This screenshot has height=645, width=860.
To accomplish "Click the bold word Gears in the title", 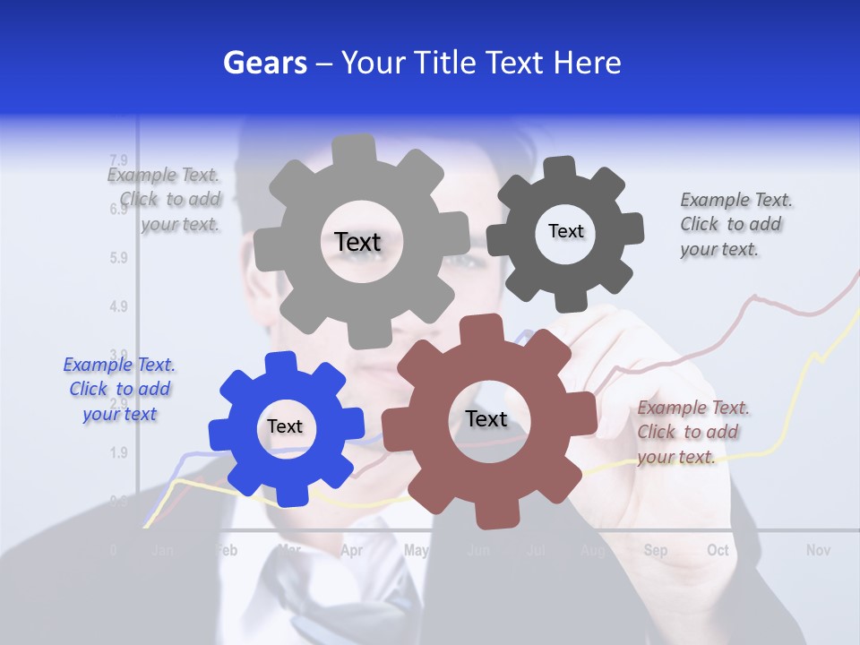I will tap(264, 63).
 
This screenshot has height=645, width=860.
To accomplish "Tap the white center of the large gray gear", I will tap(357, 242).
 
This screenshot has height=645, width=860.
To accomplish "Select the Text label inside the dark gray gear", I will tap(565, 231).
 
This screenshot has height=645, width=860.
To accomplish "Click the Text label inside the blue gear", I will tap(285, 426).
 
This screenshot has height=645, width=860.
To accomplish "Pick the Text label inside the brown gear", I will tap(486, 418).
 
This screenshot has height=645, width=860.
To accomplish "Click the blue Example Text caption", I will tap(119, 389).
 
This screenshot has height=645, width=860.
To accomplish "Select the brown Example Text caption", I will tap(692, 432).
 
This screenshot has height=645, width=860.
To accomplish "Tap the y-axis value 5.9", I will tap(117, 258).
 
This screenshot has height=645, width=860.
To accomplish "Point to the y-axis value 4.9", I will tap(117, 306).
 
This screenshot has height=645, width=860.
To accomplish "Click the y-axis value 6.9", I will tap(117, 210).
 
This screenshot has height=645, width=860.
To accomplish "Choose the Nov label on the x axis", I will tap(818, 550).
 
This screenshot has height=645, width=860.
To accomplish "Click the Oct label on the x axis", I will tap(718, 550).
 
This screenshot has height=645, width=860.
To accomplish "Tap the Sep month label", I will tap(655, 550).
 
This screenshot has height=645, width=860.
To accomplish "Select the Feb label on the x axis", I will tap(228, 550).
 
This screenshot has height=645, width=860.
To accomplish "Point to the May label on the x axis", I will tap(416, 550).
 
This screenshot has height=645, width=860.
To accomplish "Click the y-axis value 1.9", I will tap(117, 452).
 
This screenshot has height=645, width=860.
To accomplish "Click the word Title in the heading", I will tap(446, 63).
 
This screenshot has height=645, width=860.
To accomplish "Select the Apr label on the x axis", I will tap(351, 550).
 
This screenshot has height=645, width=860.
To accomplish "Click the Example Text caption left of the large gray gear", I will tap(165, 200).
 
